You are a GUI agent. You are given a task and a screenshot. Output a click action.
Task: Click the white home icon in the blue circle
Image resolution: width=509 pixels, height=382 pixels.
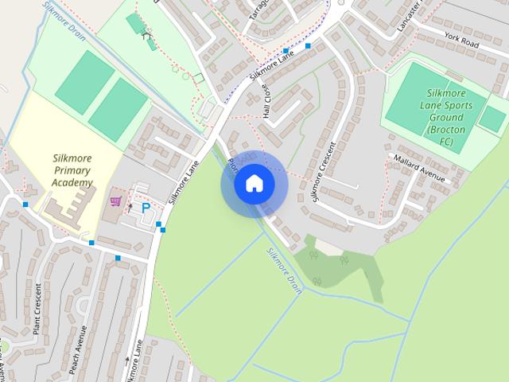pyautogui.click(x=254, y=184)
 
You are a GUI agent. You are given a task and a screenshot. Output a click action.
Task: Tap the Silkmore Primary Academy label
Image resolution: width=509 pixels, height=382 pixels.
pyautogui.click(x=72, y=170)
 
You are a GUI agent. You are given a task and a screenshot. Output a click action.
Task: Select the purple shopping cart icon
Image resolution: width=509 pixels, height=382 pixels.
pyautogui.click(x=116, y=202)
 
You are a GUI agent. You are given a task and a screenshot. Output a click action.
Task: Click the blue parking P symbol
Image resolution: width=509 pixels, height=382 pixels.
pyautogui.click(x=146, y=208)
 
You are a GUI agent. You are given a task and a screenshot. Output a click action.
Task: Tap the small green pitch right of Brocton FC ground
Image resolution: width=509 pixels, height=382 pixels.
pyautogui.click(x=493, y=119)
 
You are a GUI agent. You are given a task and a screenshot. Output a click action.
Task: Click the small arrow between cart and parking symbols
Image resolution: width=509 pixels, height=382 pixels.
pyautogui.click(x=130, y=207)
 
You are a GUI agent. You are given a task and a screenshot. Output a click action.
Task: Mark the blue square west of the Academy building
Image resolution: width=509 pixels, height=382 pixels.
pyautogui.click(x=25, y=205)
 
